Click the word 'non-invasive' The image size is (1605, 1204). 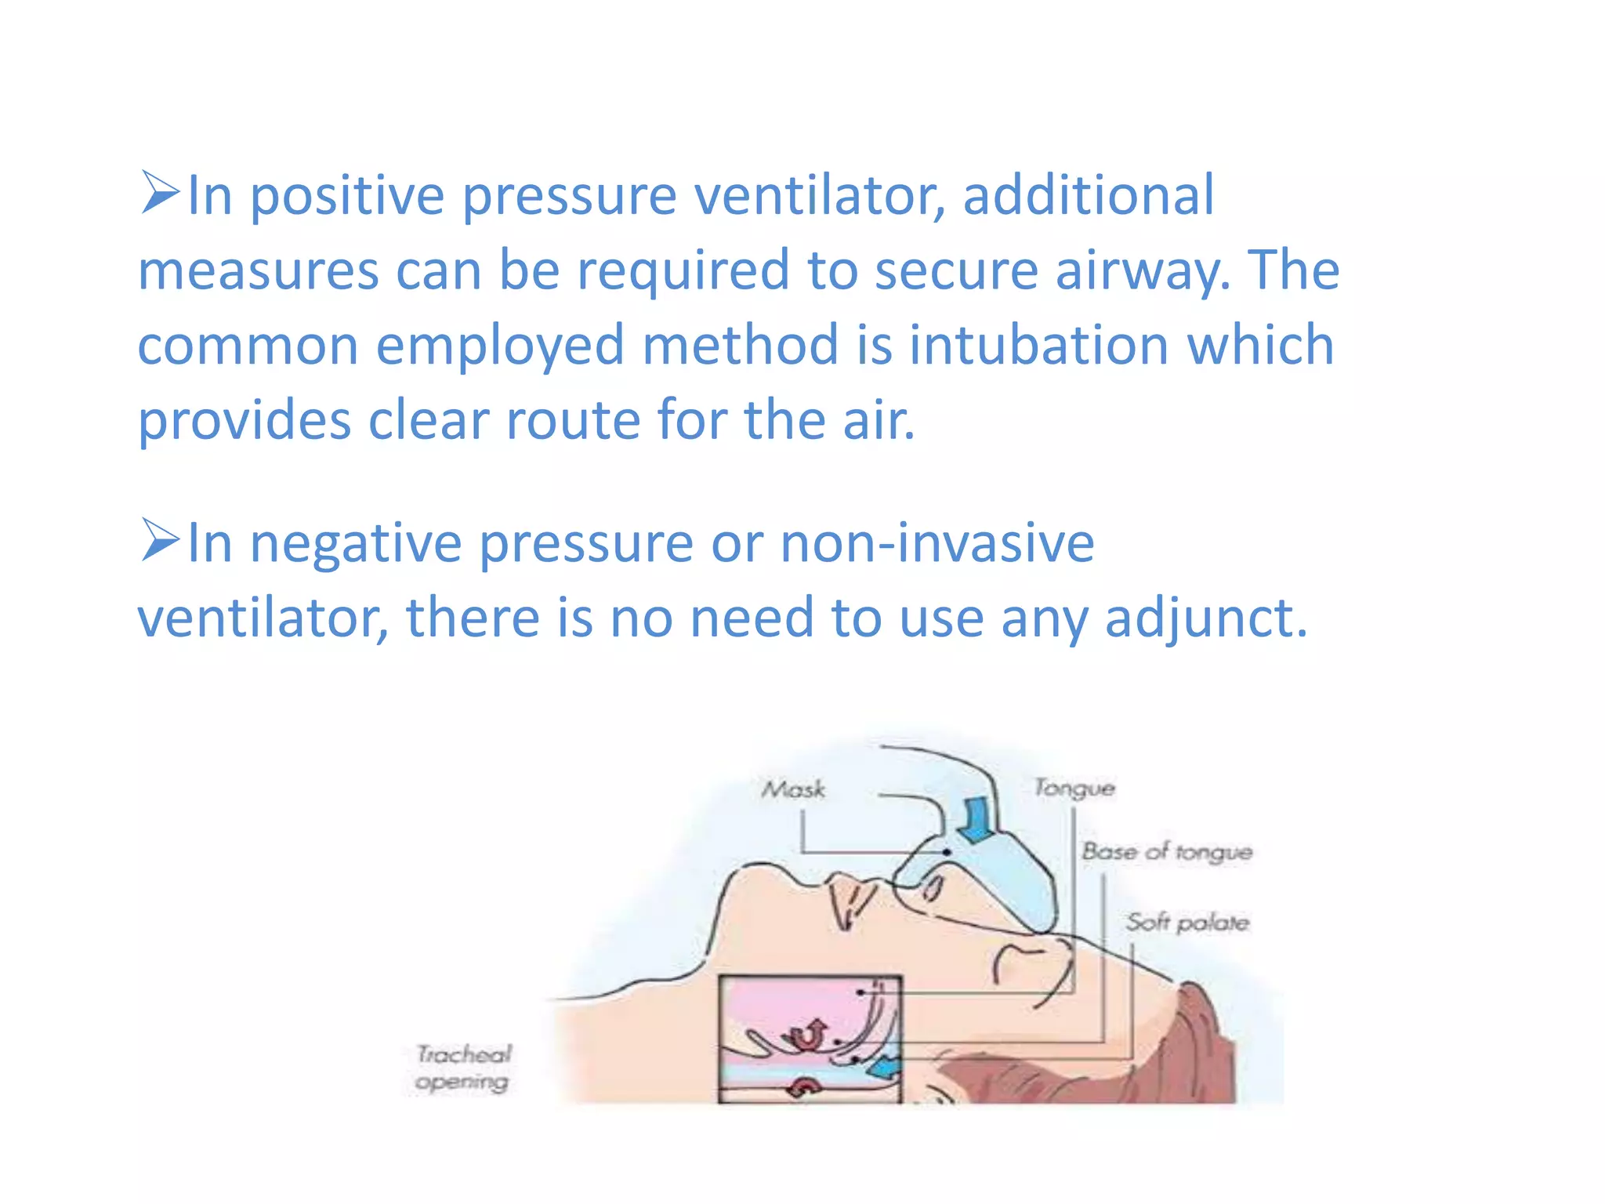point(937,542)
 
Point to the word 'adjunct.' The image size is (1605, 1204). point(1206,618)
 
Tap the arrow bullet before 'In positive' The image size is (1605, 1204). point(160,193)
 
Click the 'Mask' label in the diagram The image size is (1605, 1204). point(793,789)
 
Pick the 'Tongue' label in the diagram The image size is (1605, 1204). point(1074,787)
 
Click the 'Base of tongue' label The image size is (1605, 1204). point(1166,851)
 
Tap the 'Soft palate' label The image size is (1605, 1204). point(1187,923)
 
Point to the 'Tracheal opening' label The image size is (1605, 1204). point(462,1068)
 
